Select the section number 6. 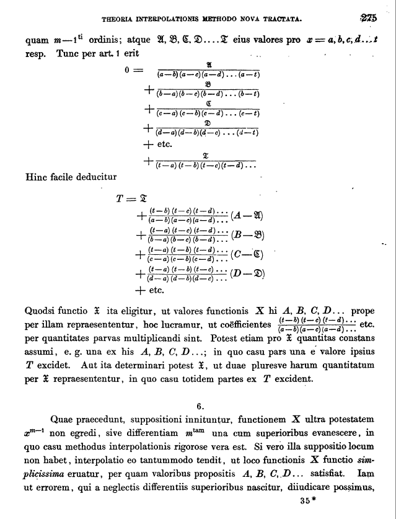pyautogui.click(x=200, y=406)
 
